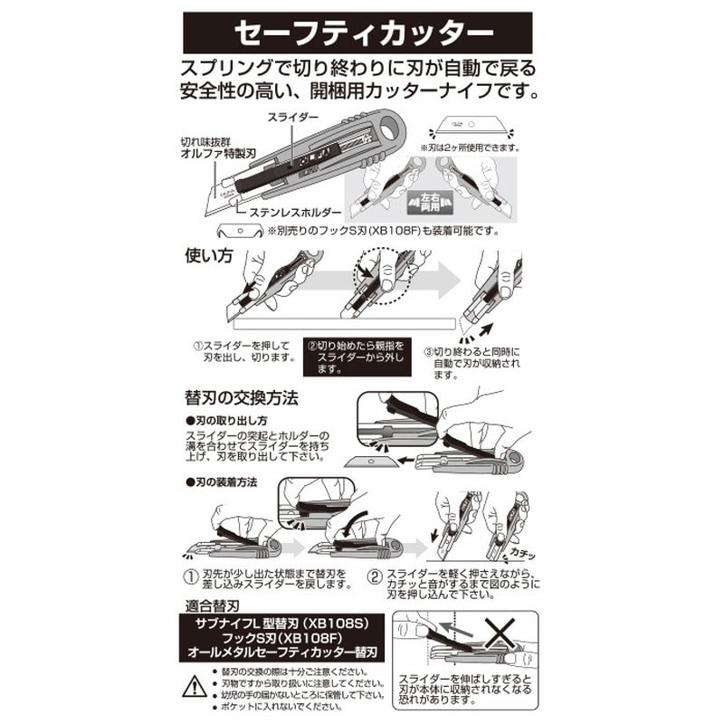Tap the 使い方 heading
[210, 256]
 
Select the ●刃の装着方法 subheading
[222, 482]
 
